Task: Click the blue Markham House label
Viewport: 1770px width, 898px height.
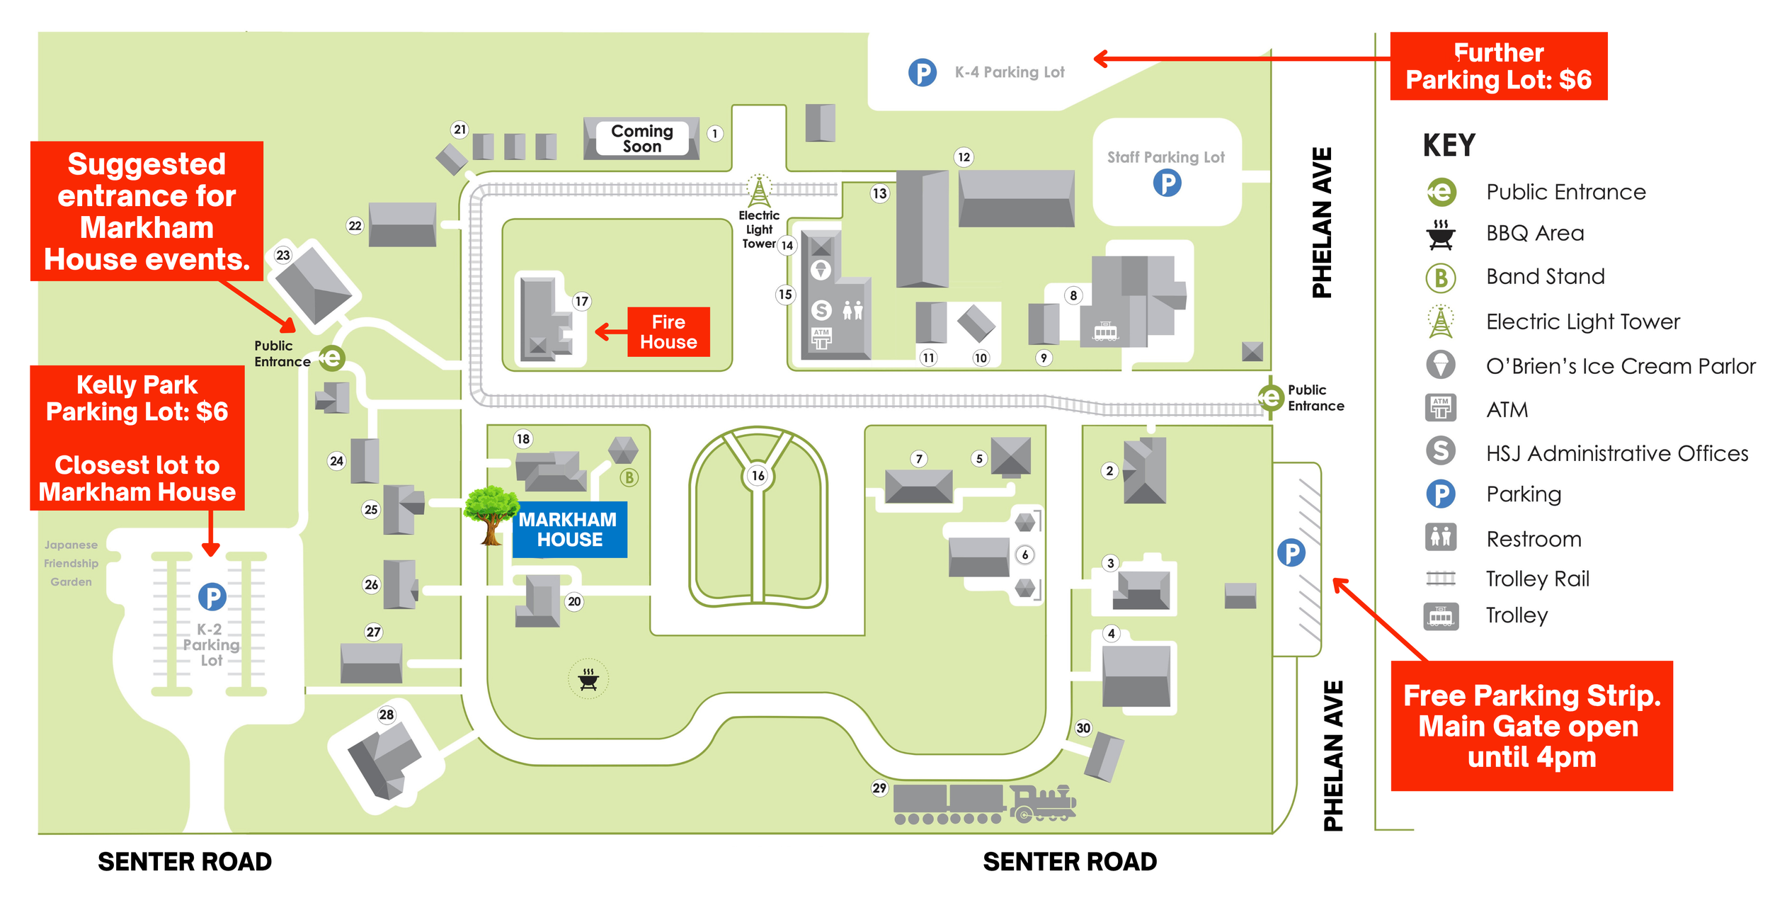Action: (569, 529)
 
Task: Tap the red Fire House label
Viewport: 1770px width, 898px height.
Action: (668, 331)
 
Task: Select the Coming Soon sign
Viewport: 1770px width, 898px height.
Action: (641, 138)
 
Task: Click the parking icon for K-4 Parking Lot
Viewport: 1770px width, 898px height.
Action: (922, 72)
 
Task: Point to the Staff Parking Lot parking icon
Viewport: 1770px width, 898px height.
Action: (1167, 183)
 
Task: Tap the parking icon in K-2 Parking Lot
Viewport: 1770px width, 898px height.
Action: (212, 596)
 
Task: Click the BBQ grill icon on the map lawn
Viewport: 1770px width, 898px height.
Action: (588, 679)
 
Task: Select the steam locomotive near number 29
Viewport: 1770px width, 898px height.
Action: (1043, 804)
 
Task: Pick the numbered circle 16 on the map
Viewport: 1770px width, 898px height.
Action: (758, 475)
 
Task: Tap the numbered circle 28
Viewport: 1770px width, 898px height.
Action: (386, 715)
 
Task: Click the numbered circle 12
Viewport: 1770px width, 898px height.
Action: (964, 157)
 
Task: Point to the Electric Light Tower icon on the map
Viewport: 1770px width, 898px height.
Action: (759, 191)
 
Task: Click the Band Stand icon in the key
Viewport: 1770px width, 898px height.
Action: (1440, 278)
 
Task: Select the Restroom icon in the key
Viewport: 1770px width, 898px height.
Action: (1440, 538)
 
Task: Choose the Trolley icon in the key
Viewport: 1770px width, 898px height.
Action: (1440, 616)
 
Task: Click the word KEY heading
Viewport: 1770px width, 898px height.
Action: (1449, 146)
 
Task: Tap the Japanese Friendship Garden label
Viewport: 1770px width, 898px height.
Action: (71, 563)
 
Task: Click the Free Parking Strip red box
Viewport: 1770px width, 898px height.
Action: (1531, 726)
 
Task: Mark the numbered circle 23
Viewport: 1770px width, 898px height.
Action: (283, 255)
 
